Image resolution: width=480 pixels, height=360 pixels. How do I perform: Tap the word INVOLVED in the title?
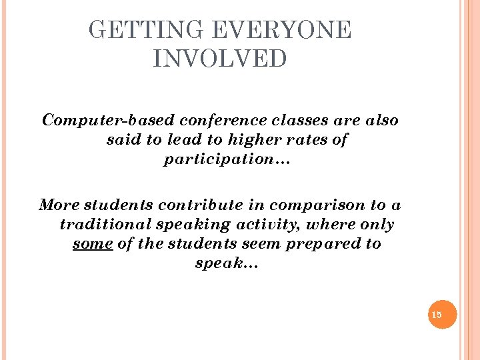219,59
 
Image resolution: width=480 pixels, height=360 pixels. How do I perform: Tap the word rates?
309,141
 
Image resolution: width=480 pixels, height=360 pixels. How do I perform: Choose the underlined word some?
92,244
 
